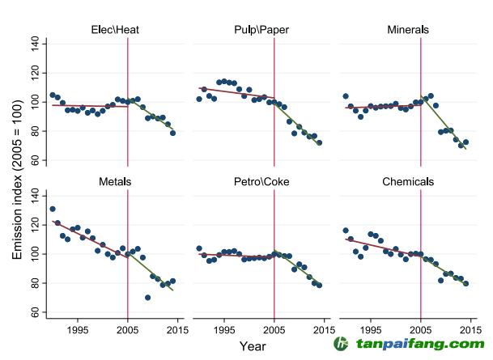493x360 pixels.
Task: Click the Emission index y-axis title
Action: tap(18, 176)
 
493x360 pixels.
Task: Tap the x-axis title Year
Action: tap(253, 346)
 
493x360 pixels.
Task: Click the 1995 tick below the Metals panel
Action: tap(79, 328)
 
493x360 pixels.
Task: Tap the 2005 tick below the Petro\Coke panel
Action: tap(274, 328)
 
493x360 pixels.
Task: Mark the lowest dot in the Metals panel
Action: tap(147, 298)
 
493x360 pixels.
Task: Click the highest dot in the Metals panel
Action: tap(53, 209)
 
